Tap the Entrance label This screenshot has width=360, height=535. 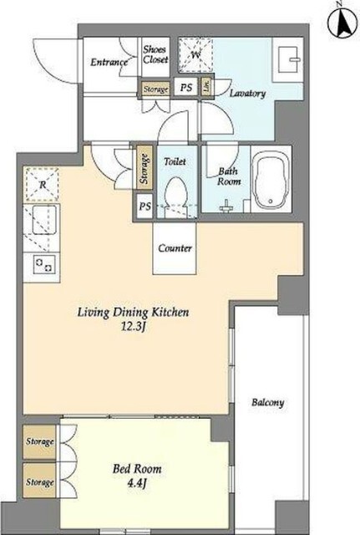109,62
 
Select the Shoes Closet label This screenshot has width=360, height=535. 155,54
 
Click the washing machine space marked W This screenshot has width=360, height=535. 195,55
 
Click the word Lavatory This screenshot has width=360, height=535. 247,93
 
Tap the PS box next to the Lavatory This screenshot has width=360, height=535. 186,88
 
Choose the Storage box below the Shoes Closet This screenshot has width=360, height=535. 156,89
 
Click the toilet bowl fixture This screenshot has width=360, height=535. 176,196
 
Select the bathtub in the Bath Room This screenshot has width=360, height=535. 271,180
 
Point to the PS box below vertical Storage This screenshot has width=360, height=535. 145,206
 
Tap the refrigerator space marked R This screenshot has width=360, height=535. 43,185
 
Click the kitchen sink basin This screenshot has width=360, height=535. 44,220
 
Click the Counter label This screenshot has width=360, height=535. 175,248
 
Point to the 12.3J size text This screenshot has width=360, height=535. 133,327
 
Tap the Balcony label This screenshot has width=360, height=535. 268,403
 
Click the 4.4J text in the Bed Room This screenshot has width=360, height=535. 137,483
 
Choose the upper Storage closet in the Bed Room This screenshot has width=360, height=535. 39,442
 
